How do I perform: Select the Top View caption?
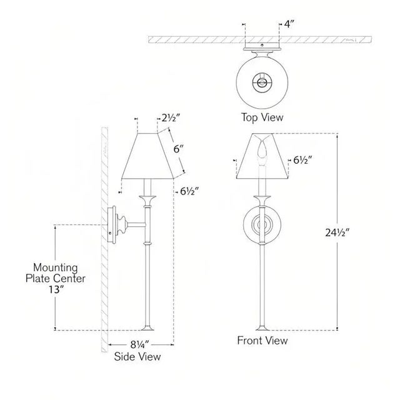(x=262, y=117)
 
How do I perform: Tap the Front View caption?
(x=262, y=341)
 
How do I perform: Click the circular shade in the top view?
(x=262, y=81)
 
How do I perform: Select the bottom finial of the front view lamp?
(x=262, y=328)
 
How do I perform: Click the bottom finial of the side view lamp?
(x=149, y=328)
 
